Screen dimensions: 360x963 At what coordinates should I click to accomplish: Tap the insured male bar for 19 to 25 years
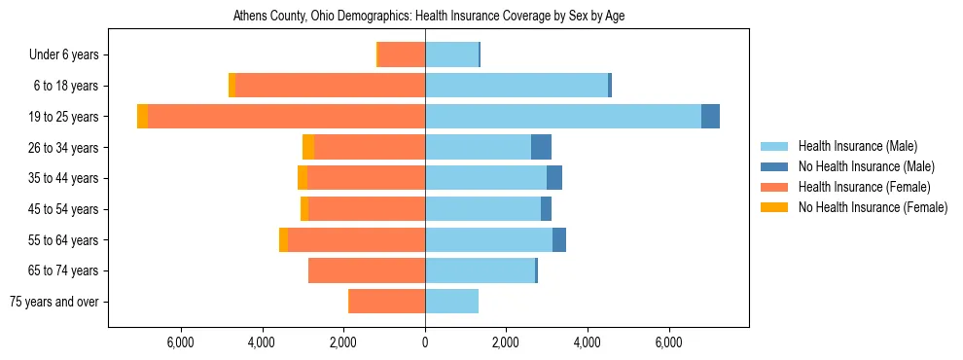tap(563, 117)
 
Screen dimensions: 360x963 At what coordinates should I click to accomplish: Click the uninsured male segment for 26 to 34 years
tap(541, 147)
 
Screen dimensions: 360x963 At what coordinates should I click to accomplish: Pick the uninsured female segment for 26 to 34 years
tap(308, 147)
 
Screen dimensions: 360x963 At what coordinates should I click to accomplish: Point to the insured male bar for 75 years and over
tap(451, 302)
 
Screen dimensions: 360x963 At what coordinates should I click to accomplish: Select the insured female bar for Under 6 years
tap(402, 54)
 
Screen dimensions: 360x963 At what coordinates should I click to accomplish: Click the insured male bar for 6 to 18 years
tap(517, 86)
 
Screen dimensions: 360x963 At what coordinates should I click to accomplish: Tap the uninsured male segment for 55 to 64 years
tap(559, 240)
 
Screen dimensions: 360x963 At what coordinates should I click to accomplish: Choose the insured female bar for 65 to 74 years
tap(367, 270)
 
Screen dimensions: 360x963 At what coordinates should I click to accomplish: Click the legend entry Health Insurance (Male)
tap(857, 146)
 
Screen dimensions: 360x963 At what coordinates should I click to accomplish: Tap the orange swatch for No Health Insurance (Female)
tap(775, 207)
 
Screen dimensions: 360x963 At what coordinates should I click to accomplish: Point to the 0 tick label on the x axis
tap(425, 342)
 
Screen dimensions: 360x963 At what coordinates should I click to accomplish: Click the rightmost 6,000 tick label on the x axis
tap(669, 342)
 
